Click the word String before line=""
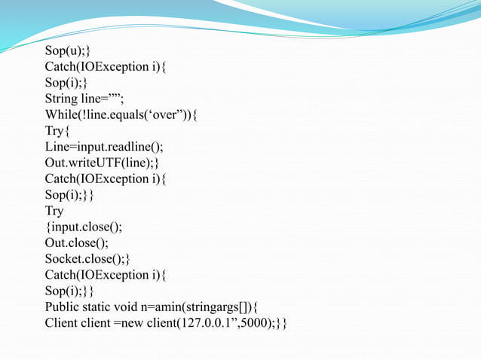[63, 99]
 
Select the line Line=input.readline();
[104, 146]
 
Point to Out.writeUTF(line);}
[102, 163]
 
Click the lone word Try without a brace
[54, 211]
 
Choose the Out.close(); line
[77, 243]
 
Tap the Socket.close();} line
[87, 259]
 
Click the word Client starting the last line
[62, 323]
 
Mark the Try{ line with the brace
[57, 130]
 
